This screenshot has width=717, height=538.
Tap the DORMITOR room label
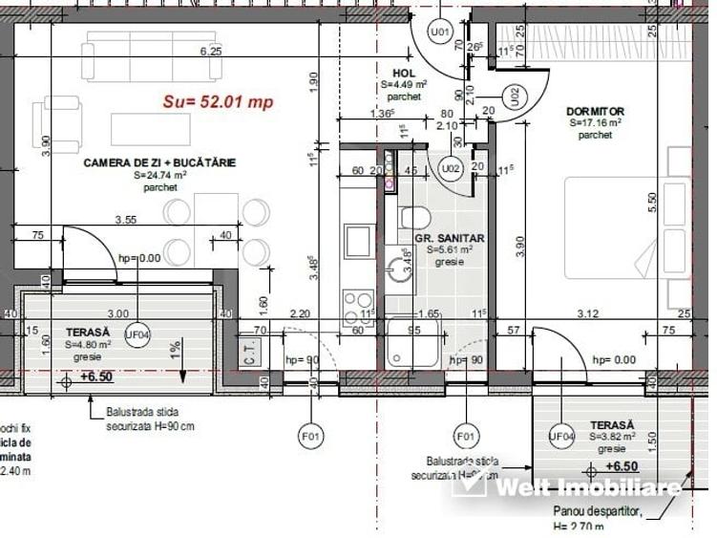click(594, 111)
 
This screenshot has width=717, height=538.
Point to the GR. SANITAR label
click(449, 237)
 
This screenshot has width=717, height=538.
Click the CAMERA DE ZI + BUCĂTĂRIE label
click(159, 162)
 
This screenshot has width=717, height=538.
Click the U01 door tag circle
click(439, 32)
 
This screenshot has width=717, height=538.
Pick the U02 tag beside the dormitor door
click(514, 96)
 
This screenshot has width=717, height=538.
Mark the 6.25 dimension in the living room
click(210, 52)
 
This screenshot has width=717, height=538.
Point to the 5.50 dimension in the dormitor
click(652, 202)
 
